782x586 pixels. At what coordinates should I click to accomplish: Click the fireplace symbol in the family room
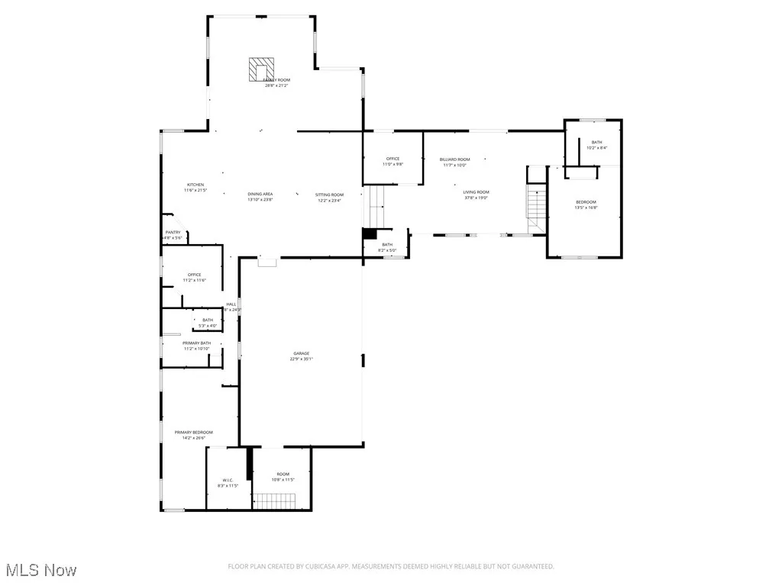[x=261, y=69]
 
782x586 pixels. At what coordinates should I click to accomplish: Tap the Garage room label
[x=302, y=354]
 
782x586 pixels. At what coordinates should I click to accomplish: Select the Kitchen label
[x=195, y=185]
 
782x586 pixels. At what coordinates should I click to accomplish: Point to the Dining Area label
[x=260, y=195]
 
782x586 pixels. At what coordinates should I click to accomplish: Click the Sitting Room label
[x=329, y=195]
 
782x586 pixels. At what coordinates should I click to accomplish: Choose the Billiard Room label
[x=454, y=159]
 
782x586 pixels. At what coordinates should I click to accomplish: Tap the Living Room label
[x=475, y=192]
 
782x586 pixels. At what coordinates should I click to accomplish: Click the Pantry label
[x=173, y=233]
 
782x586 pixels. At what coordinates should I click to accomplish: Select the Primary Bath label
[x=196, y=343]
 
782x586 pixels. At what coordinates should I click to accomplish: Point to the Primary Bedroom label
[x=193, y=433]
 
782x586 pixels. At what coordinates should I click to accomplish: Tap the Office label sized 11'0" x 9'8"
[x=393, y=159]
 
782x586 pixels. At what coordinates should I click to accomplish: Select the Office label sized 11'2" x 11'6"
[x=194, y=275]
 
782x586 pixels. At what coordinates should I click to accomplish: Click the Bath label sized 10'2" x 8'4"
[x=596, y=143]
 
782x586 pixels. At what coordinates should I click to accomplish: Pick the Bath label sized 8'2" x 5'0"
[x=386, y=244]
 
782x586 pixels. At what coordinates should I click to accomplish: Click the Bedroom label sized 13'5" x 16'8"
[x=586, y=202]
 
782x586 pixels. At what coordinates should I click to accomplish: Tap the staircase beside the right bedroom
[x=538, y=204]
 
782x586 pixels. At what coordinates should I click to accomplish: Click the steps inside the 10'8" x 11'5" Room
[x=274, y=501]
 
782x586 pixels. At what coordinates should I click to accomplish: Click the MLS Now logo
[x=40, y=569]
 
